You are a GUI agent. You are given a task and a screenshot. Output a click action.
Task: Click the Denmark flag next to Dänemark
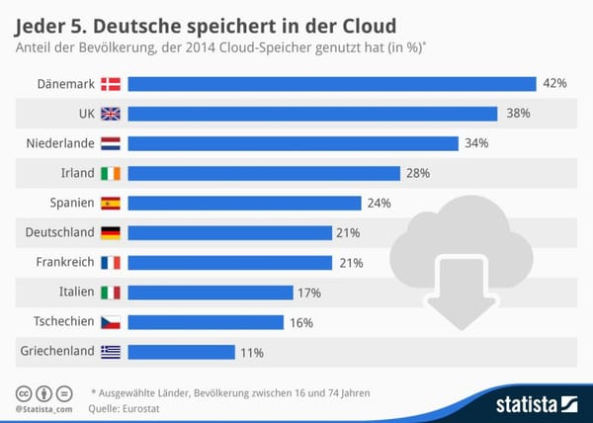pos(110,84)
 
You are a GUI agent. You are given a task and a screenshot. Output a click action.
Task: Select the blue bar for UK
pos(311,114)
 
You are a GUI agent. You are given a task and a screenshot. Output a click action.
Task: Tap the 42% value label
pos(554,84)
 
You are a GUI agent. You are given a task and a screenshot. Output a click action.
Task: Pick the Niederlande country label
pos(59,143)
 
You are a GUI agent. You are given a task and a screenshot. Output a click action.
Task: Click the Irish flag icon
pos(110,173)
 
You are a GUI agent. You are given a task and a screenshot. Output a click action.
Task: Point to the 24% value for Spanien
pos(380,203)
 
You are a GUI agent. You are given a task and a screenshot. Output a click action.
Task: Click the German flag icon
pos(110,232)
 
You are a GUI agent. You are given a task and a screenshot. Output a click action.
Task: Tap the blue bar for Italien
pos(211,292)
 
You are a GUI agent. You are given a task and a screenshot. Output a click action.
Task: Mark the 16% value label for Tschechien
pos(302,321)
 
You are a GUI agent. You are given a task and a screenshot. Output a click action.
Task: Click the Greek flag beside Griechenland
pos(110,351)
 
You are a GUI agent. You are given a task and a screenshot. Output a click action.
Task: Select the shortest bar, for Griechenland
pos(182,351)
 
